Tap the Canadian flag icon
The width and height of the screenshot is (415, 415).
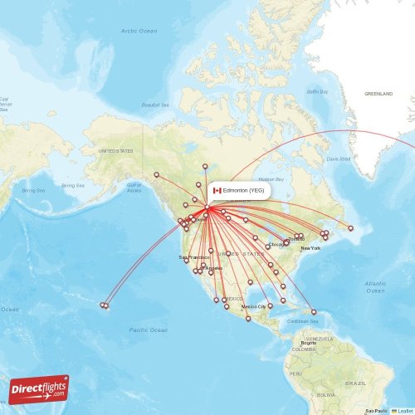click(217, 190)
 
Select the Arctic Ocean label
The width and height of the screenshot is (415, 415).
click(139, 31)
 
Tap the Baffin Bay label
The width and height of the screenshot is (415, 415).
click(317, 91)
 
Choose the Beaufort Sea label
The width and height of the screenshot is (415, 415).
click(156, 105)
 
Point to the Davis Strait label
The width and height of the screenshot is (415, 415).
click(339, 159)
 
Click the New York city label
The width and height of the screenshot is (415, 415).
click(310, 248)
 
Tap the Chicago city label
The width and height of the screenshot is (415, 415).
click(276, 245)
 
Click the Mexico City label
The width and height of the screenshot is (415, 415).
click(253, 306)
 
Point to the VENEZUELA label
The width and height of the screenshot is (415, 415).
click(318, 339)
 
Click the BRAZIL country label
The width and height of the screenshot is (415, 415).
click(357, 383)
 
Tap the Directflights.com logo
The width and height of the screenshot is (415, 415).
click(38, 389)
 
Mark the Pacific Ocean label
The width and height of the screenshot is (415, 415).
click(147, 330)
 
